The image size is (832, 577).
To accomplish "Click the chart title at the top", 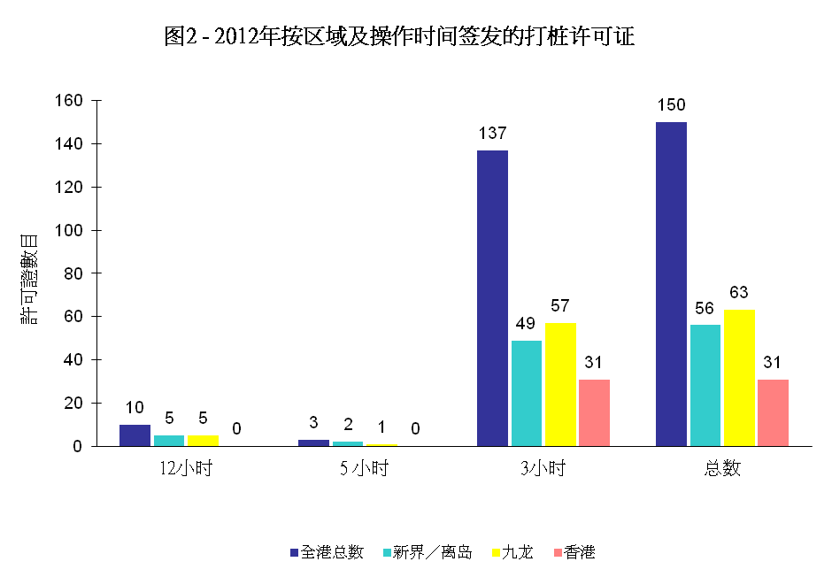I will click(x=399, y=36).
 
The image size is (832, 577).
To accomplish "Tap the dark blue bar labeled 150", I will click(x=671, y=284).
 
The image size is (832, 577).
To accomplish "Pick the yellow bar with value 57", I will click(x=560, y=384).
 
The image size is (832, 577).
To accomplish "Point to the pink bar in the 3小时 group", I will click(x=594, y=412).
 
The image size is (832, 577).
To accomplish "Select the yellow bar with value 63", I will click(x=739, y=378).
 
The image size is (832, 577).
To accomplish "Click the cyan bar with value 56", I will click(x=705, y=385).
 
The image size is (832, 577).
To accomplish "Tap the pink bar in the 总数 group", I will click(x=773, y=412).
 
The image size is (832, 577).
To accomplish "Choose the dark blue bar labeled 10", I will click(x=135, y=435).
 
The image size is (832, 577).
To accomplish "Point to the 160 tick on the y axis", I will click(x=70, y=101).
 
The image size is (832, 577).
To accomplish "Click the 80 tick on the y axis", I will click(x=73, y=273).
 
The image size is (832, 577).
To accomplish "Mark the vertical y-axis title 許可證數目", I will click(x=28, y=278).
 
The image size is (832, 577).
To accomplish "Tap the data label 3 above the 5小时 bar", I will click(x=313, y=422).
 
